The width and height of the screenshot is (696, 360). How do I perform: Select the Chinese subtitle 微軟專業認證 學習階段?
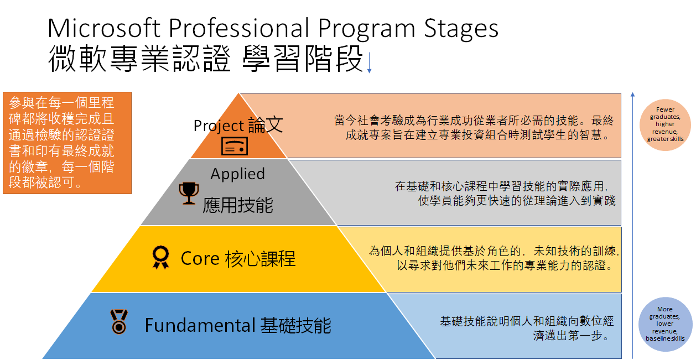205,59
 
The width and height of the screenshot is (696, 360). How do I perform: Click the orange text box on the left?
67,143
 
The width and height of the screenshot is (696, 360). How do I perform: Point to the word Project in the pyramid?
219,126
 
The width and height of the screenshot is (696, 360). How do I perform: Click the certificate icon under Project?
235,145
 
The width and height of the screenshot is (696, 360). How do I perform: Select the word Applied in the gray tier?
237,174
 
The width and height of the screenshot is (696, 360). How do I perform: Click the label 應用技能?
238,205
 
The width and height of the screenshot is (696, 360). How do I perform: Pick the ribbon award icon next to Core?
161,258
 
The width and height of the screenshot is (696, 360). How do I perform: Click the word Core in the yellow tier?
200,258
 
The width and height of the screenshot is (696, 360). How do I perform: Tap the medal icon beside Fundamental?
118,321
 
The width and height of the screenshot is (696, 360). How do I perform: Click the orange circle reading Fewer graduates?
666,124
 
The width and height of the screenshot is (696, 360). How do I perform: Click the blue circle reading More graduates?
665,324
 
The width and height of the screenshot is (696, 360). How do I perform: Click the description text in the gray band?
505,193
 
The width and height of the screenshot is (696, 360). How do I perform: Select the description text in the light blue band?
527,328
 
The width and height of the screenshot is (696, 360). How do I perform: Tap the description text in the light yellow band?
494,258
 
